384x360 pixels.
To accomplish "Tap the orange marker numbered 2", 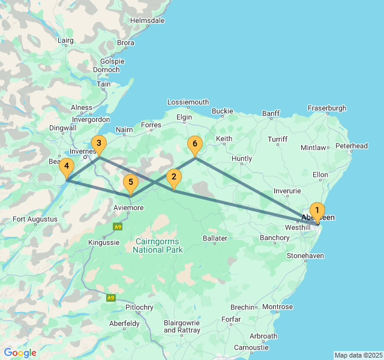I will pyautogui.click(x=173, y=177).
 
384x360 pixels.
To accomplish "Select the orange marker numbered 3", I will pyautogui.click(x=98, y=144).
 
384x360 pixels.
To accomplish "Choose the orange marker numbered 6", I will pyautogui.click(x=194, y=145).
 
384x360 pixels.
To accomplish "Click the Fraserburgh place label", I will pyautogui.click(x=327, y=108).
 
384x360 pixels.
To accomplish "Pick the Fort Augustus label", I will pyautogui.click(x=35, y=219).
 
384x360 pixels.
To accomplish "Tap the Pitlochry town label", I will pyautogui.click(x=140, y=307).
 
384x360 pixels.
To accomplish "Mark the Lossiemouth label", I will pyautogui.click(x=188, y=102).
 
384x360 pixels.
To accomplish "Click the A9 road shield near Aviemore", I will pyautogui.click(x=118, y=227).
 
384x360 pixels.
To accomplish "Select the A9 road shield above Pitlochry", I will pyautogui.click(x=110, y=298).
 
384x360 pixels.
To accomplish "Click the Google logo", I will pyautogui.click(x=20, y=353).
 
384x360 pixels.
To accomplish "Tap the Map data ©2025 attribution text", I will pyautogui.click(x=358, y=355).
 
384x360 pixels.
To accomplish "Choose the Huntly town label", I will pyautogui.click(x=242, y=159).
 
